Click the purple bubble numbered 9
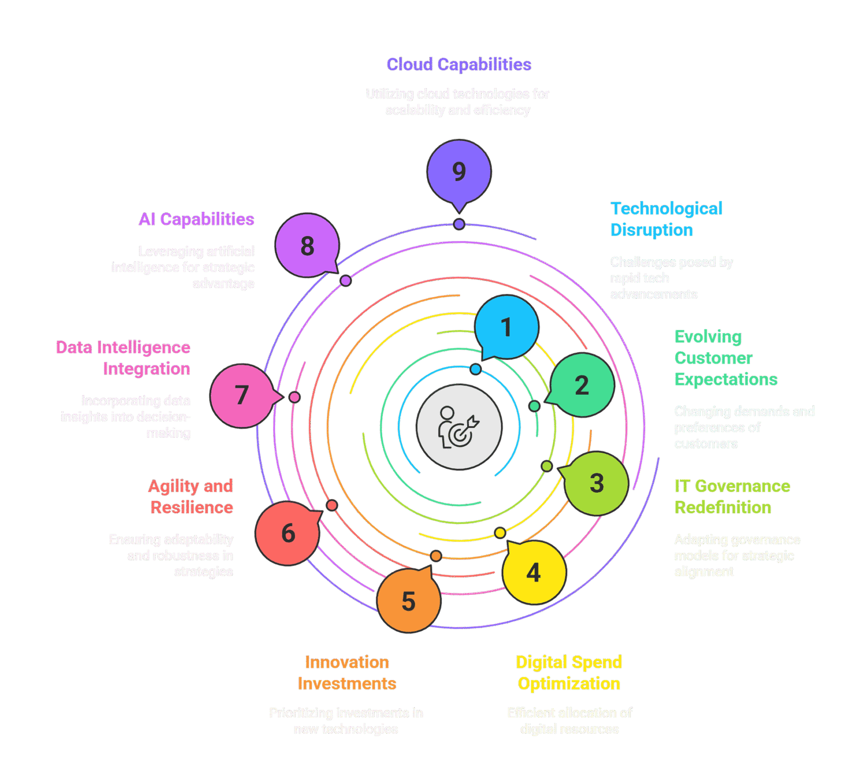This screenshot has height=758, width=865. (459, 171)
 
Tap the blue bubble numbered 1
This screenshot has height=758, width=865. (507, 327)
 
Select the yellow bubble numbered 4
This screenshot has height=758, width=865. (534, 572)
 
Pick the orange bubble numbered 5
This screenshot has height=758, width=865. (409, 601)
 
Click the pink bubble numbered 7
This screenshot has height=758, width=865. (241, 395)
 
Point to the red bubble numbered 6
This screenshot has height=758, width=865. (288, 533)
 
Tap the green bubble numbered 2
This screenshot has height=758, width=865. (582, 385)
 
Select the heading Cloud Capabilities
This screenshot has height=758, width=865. (458, 64)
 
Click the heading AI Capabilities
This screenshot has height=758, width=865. (196, 219)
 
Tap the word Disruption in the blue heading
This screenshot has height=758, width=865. (651, 230)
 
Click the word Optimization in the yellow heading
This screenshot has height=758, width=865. (569, 684)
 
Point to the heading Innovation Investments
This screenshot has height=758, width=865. (347, 673)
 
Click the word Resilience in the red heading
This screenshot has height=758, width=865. (192, 508)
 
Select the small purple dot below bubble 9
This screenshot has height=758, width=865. (459, 224)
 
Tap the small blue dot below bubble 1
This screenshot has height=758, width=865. (475, 370)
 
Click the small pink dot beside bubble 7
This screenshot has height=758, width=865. (294, 398)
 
